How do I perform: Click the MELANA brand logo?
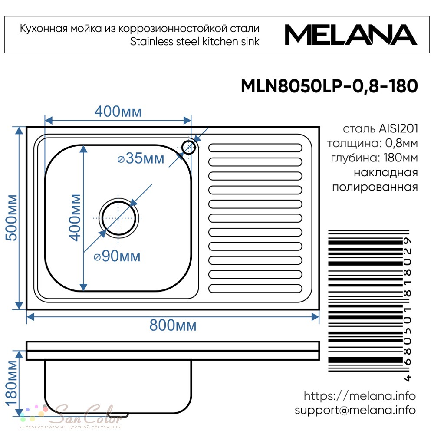(351, 35)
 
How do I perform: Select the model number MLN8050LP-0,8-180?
(329, 86)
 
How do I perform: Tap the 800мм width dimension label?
(173, 325)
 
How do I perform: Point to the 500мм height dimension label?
(12, 217)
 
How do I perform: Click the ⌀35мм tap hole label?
(141, 158)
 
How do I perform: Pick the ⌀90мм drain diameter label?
(117, 256)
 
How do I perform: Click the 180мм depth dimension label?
(12, 383)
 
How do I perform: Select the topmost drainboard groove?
(255, 148)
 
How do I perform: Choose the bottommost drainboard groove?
(255, 289)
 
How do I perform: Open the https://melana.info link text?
(359, 396)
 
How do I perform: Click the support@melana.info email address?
(355, 410)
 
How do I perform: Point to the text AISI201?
(398, 129)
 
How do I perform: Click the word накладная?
(386, 173)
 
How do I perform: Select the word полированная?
(375, 187)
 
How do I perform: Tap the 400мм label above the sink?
(118, 112)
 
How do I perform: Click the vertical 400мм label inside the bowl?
(75, 217)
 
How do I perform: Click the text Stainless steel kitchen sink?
(194, 42)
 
